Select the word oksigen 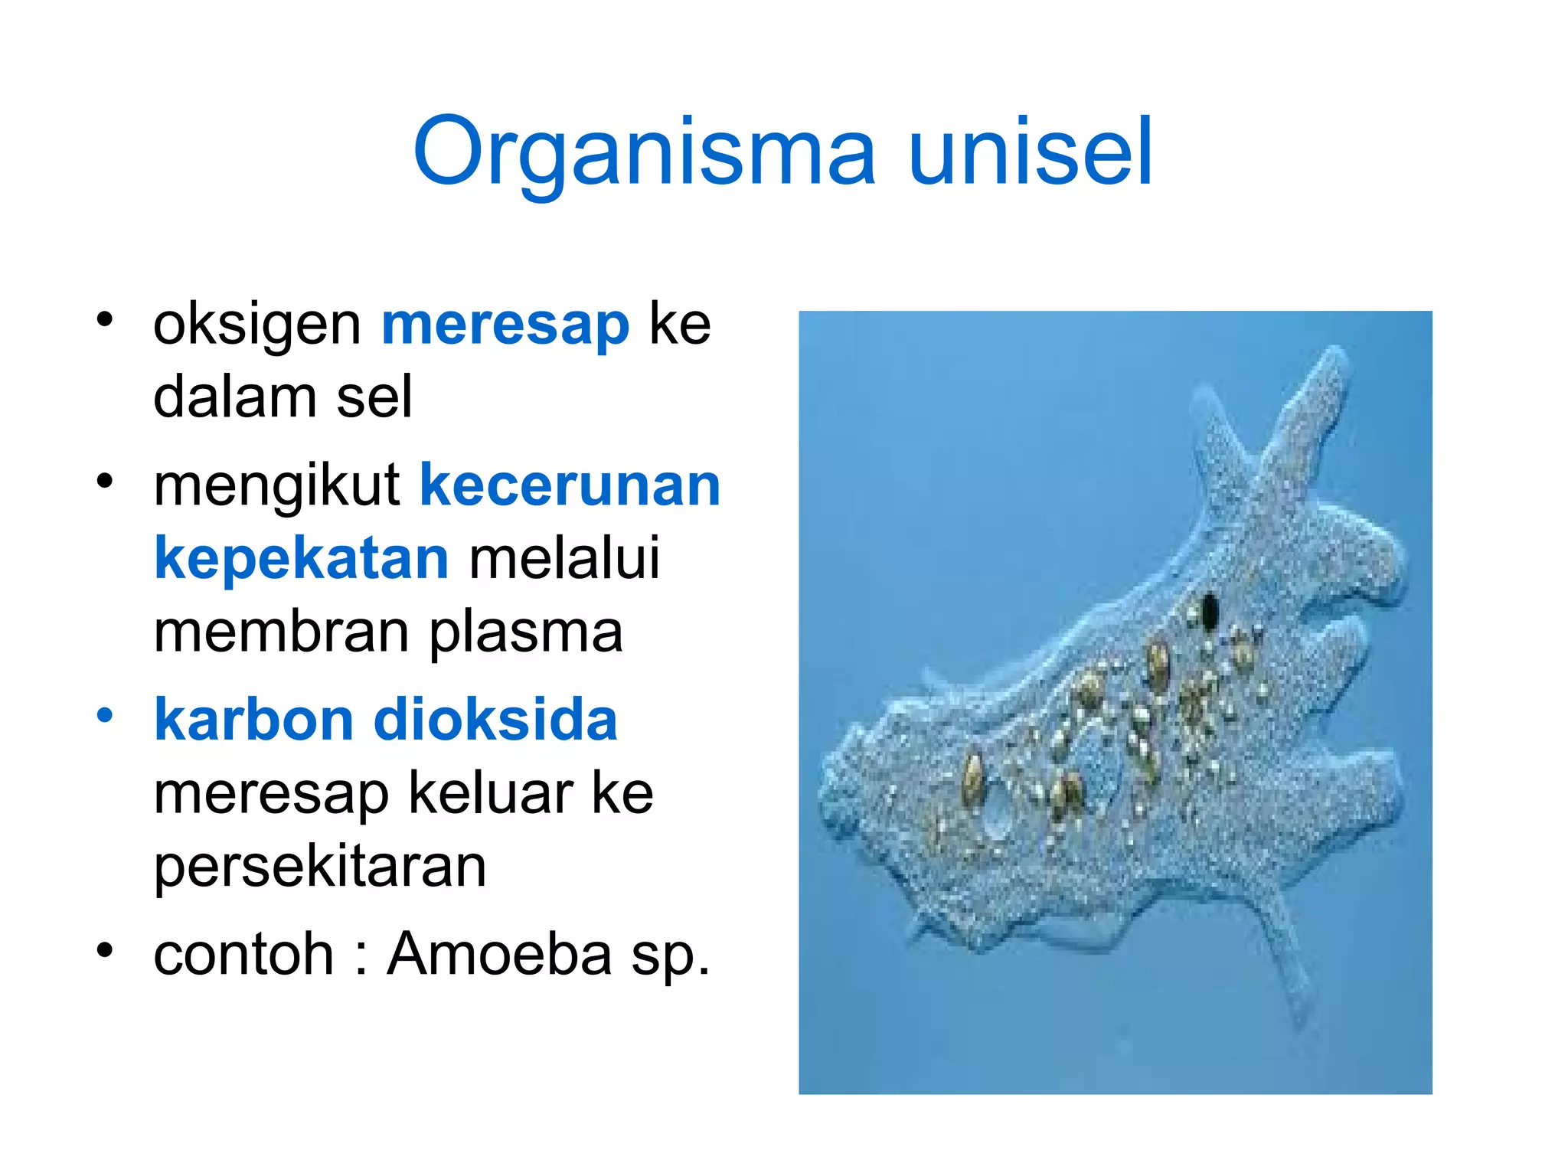256,325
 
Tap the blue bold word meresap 505,325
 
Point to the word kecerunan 570,485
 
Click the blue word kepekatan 301,559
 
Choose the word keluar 490,793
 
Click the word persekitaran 320,868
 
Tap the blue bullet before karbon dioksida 105,716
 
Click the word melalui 564,559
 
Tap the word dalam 234,397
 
